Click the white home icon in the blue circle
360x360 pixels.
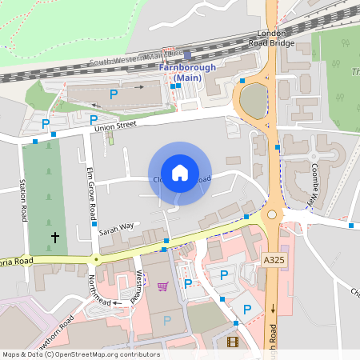click(180, 173)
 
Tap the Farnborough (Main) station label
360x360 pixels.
click(187, 72)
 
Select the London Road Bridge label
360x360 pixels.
click(271, 38)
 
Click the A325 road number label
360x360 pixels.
click(273, 259)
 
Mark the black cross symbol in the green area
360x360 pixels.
click(55, 237)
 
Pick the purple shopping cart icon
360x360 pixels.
click(163, 286)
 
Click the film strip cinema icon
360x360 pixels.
click(232, 342)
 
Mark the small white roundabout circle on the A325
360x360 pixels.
click(272, 214)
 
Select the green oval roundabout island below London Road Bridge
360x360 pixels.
click(253, 100)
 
